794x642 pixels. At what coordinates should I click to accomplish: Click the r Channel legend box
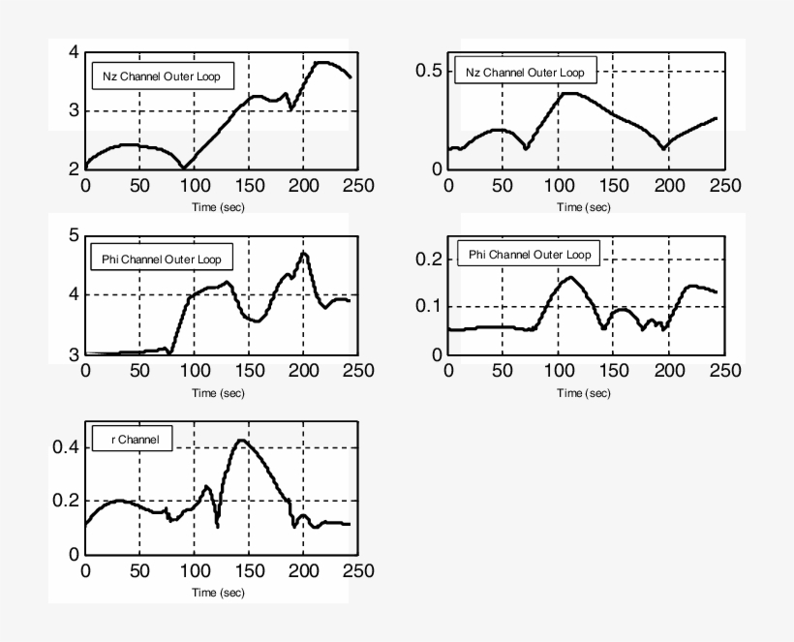132,440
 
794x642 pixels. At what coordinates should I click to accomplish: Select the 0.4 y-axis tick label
63,447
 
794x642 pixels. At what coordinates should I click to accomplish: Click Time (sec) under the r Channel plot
218,592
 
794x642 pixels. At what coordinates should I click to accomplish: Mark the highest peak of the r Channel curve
240,441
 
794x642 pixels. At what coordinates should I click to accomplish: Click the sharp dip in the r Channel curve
217,526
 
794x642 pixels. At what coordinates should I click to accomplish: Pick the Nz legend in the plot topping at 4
163,77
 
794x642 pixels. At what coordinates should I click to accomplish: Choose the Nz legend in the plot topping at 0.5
526,72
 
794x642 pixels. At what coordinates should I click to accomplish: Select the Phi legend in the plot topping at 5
161,260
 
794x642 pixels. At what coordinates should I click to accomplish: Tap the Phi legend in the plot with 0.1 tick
529,255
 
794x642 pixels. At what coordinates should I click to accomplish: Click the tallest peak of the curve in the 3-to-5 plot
304,253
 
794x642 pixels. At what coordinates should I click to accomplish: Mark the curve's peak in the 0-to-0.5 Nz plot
567,93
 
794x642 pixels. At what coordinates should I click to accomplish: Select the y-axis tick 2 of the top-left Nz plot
73,168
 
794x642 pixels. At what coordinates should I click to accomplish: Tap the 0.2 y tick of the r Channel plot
63,502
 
